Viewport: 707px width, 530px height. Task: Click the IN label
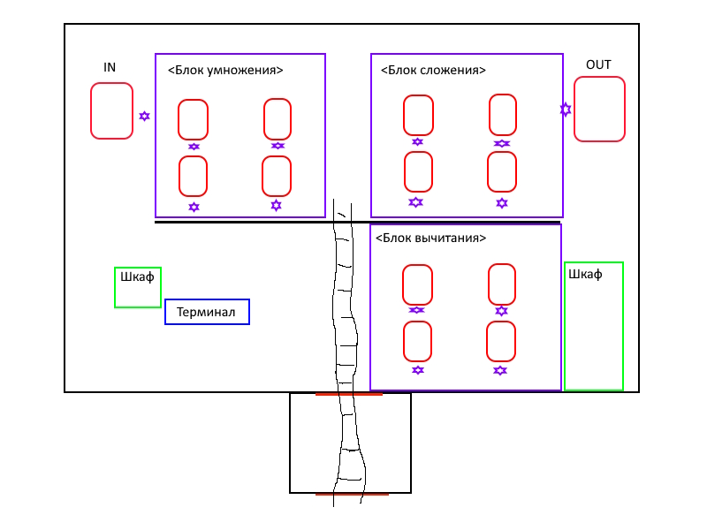click(110, 68)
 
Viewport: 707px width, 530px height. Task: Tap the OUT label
click(598, 64)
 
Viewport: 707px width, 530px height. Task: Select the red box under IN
click(91, 111)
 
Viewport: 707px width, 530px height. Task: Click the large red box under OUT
click(574, 109)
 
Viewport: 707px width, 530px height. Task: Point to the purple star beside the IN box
click(144, 117)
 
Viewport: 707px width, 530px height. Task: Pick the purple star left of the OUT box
click(566, 110)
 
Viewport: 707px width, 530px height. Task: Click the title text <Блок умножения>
click(225, 71)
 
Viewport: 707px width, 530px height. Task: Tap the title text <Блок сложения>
click(433, 71)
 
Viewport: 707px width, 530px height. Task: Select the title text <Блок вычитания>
click(430, 238)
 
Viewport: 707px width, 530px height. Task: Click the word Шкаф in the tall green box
click(585, 274)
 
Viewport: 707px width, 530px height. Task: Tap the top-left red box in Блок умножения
click(179, 120)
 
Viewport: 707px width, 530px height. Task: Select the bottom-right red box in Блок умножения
click(262, 176)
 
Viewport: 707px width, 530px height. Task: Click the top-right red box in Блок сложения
click(490, 115)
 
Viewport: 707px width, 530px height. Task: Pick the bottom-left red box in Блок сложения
click(405, 171)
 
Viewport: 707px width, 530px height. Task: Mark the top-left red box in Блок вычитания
click(403, 284)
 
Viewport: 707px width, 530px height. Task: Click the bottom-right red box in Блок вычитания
click(487, 342)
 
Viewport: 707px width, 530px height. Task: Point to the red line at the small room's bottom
click(352, 495)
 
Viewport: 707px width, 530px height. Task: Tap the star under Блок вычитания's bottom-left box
click(418, 370)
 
